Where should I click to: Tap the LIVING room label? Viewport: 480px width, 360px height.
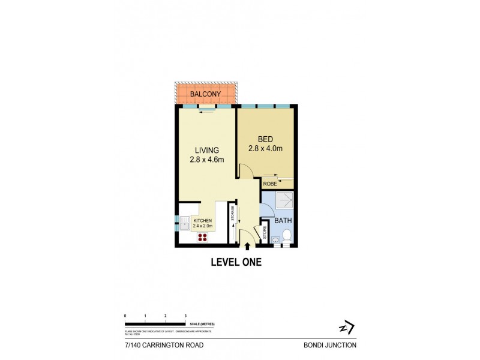206,150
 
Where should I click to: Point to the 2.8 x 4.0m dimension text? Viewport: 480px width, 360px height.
265,148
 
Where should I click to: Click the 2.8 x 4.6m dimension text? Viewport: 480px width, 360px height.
207,160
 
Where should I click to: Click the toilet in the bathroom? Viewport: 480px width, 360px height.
287,236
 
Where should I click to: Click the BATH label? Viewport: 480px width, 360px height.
283,221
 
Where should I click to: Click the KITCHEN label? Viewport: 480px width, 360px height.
203,221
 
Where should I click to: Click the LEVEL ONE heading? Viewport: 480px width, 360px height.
236,262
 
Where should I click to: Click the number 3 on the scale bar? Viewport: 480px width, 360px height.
185,315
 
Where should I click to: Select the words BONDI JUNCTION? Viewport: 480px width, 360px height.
331,345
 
